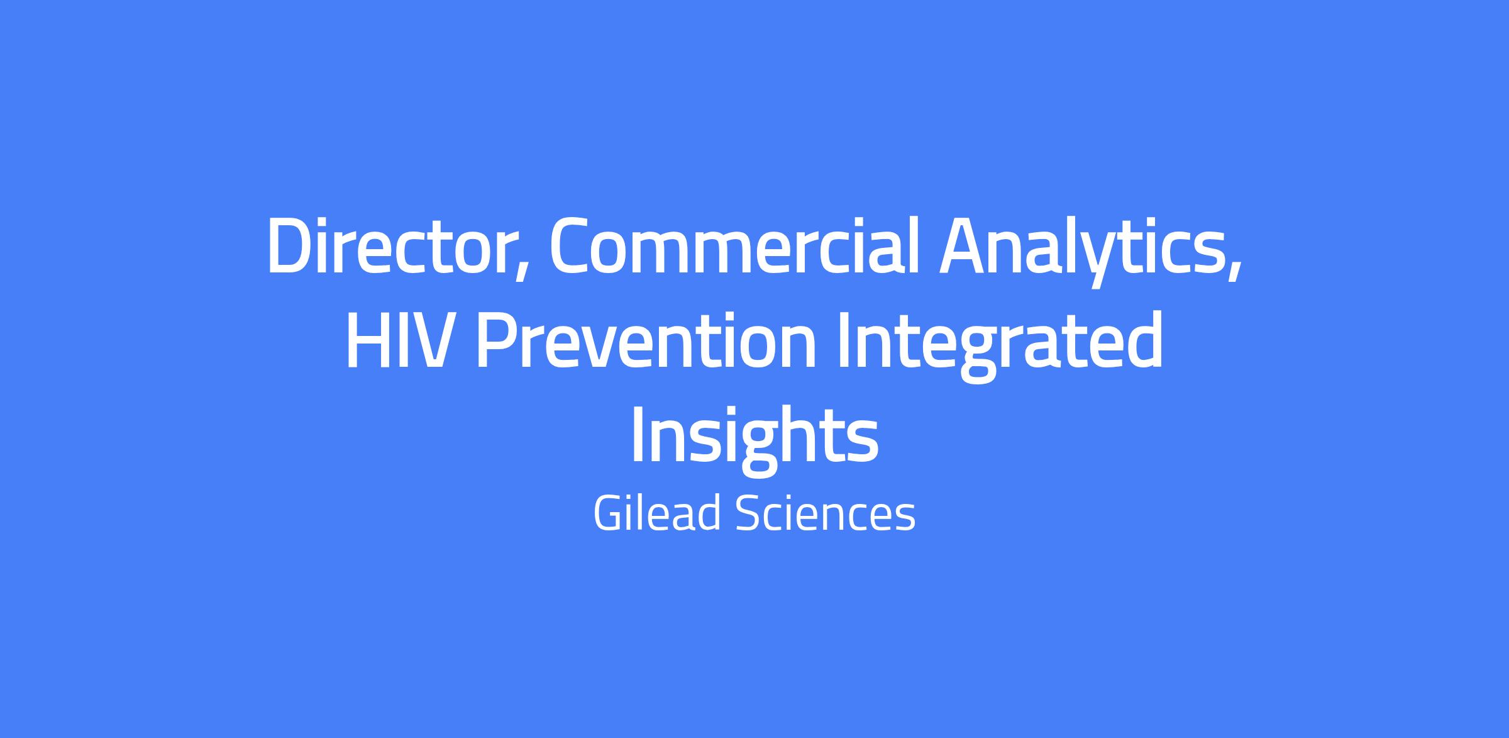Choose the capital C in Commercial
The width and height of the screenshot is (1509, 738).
tap(572, 247)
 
